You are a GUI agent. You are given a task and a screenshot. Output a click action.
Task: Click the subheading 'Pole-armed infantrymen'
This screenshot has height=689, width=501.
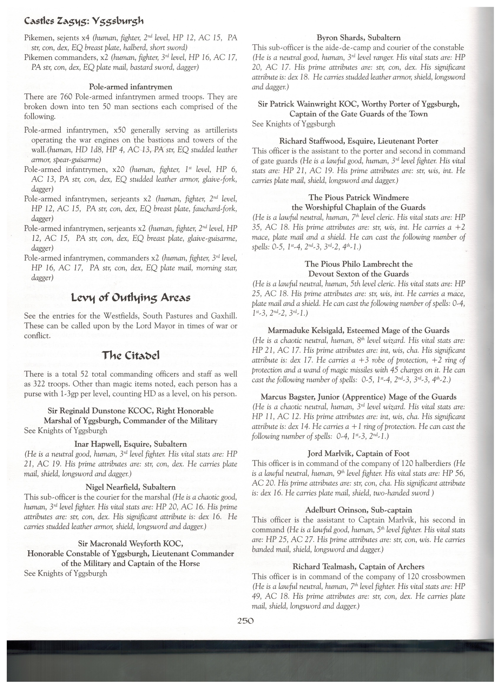131,87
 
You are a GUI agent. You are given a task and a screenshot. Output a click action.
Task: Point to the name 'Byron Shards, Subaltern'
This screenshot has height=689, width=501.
359,38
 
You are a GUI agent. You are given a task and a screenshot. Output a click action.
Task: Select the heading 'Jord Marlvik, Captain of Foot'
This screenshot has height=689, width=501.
359,454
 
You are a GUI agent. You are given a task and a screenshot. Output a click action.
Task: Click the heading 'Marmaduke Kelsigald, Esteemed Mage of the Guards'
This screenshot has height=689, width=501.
359,330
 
